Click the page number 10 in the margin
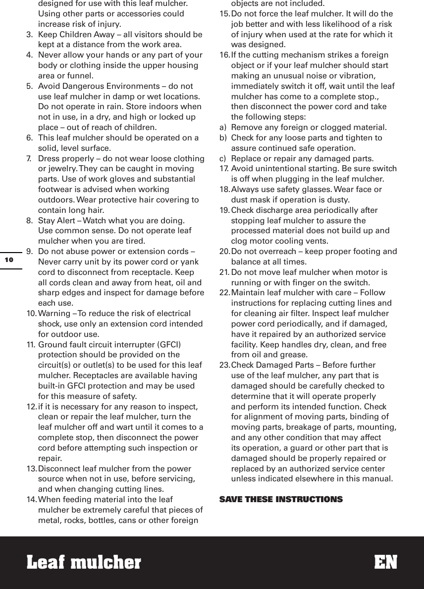tap(9, 260)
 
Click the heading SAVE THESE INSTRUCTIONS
tap(281, 499)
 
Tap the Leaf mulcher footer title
tap(83, 562)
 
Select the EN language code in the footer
tap(385, 562)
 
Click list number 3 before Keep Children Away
tap(29, 35)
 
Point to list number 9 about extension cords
tap(29, 251)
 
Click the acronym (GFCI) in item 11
tap(168, 344)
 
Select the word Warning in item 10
tap(54, 313)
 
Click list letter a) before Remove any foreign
tap(223, 128)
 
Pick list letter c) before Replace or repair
tap(223, 159)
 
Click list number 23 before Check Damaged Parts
tap(225, 365)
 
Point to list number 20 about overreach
tap(225, 252)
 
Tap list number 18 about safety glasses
tap(225, 190)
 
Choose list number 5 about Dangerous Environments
tap(29, 86)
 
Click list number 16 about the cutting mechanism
tap(225, 55)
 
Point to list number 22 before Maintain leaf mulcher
tap(225, 293)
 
